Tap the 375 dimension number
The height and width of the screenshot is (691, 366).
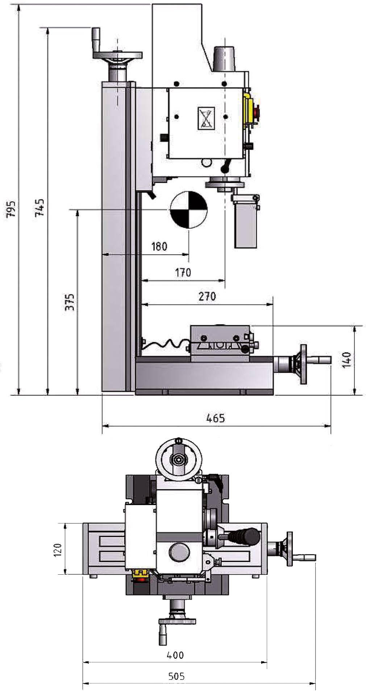[x=70, y=302]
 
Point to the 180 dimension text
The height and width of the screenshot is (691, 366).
[x=159, y=247]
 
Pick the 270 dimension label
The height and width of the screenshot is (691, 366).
[x=207, y=296]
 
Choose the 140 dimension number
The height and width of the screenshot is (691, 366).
[x=347, y=359]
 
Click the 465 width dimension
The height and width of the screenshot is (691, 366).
[x=215, y=418]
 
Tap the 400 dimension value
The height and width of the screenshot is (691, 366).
[x=175, y=655]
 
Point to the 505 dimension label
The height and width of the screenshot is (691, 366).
[x=176, y=676]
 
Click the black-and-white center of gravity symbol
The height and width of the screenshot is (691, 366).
[x=188, y=209]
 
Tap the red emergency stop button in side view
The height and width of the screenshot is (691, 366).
[x=257, y=112]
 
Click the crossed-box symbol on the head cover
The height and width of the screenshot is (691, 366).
[x=206, y=118]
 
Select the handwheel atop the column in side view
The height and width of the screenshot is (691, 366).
[x=117, y=55]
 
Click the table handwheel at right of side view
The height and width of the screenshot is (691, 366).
[x=303, y=364]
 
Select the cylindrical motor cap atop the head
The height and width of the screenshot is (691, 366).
[x=224, y=59]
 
